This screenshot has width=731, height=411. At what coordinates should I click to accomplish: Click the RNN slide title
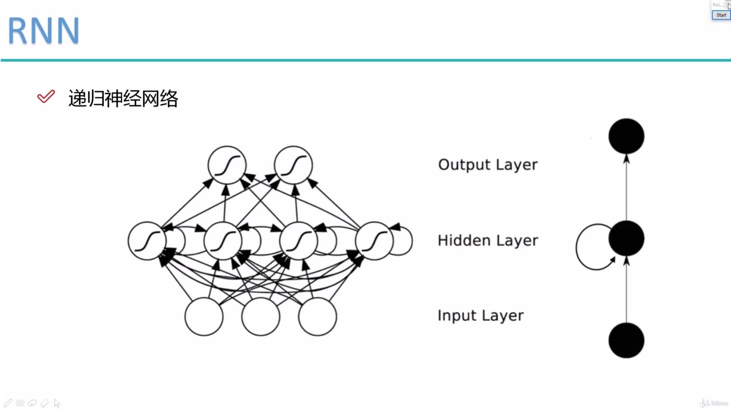(43, 31)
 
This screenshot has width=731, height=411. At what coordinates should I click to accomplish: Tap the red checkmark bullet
(46, 97)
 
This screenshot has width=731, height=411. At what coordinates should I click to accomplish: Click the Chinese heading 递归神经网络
(123, 99)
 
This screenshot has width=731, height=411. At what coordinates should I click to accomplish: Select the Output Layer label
(488, 164)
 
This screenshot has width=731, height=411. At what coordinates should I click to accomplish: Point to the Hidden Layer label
(488, 240)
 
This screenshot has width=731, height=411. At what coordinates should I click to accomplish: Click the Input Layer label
(480, 316)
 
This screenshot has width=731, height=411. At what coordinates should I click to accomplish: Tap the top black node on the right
(626, 136)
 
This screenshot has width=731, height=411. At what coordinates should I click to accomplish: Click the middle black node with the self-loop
(626, 239)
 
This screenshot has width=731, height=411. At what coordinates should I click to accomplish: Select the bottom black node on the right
(626, 340)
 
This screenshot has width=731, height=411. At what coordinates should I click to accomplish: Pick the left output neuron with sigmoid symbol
(227, 165)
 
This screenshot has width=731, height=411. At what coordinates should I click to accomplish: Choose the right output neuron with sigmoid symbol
(293, 165)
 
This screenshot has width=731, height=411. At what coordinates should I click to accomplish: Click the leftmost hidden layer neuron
(147, 241)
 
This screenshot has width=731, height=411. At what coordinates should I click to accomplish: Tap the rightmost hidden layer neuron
(374, 241)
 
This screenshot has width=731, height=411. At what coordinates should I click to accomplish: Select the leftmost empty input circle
(204, 316)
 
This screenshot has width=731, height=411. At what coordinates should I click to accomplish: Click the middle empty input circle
(260, 316)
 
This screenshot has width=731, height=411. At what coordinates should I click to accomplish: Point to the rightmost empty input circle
(318, 316)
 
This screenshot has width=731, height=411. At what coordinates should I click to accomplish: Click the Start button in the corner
(721, 15)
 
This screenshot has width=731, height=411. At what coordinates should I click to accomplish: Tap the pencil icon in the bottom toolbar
(8, 403)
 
